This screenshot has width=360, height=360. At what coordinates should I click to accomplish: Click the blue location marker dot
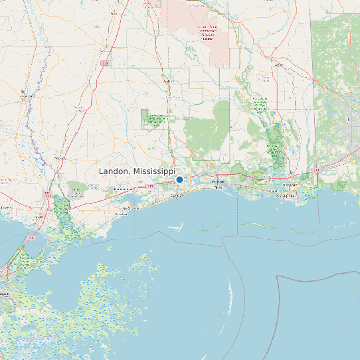[179, 179]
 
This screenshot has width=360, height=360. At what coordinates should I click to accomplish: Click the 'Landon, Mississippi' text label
[136, 171]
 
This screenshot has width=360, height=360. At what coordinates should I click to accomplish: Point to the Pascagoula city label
[285, 197]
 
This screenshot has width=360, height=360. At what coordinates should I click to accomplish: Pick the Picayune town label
[60, 159]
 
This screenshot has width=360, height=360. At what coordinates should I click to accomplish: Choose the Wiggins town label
[168, 81]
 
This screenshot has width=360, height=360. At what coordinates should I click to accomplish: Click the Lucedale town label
[278, 65]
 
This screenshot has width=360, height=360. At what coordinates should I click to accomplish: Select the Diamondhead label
[121, 189]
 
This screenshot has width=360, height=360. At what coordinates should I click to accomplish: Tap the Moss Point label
[288, 185]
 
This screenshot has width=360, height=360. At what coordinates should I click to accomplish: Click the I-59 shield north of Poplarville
[105, 63]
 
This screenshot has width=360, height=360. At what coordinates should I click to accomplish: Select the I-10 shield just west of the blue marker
[151, 186]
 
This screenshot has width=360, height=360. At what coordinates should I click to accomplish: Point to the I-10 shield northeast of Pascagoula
[317, 171]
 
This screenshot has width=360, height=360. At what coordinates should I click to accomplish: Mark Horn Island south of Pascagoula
[260, 226]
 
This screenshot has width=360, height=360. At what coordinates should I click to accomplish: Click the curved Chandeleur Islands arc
[230, 292]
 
